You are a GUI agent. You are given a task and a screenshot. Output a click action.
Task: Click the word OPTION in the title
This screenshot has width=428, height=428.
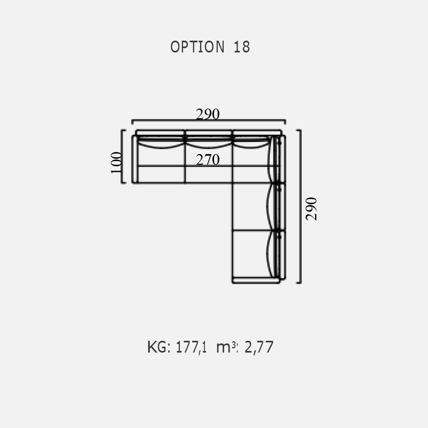point(197,47)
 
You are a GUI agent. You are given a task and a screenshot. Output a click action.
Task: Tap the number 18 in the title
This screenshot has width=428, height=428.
point(242,47)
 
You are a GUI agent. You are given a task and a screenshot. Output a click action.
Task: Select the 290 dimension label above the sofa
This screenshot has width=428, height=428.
point(208,114)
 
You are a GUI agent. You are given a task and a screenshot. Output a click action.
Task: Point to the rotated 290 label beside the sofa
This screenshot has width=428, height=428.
point(311,209)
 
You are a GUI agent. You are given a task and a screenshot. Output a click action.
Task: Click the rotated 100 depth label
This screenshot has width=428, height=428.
point(116,163)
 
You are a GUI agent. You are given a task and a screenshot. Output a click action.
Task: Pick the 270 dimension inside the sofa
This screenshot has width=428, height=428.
point(208,159)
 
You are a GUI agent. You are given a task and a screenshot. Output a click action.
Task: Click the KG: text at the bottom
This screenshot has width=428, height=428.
point(159,347)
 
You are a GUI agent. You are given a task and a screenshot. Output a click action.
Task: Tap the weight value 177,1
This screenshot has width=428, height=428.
point(191,347)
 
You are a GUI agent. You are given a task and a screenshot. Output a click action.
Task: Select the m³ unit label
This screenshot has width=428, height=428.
point(227,347)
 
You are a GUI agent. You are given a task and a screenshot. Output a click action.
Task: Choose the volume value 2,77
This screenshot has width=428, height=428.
point(259,347)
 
